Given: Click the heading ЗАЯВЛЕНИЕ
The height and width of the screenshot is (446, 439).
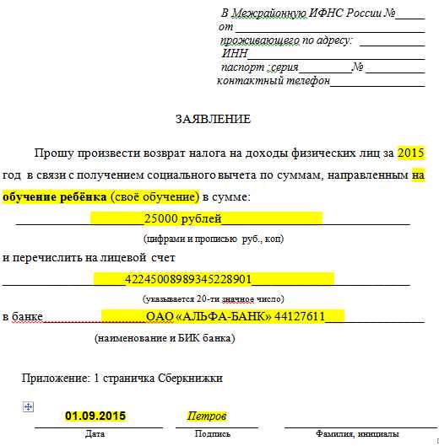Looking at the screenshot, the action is (213, 120).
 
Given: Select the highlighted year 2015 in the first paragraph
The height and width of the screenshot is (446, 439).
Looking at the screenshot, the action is (410, 153).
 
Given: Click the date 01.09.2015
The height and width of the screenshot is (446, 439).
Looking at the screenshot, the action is (95, 416).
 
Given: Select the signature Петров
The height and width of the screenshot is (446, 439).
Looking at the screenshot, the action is (207, 416).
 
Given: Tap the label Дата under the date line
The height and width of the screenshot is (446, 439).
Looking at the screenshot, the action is (95, 433).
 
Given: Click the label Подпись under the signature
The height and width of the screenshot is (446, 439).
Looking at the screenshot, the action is (212, 433).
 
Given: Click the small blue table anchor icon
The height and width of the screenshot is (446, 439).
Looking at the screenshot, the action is (28, 407).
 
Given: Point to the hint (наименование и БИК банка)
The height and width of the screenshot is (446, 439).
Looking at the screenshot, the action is (164, 338).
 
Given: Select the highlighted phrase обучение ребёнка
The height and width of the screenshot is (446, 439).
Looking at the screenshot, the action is (55, 197).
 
